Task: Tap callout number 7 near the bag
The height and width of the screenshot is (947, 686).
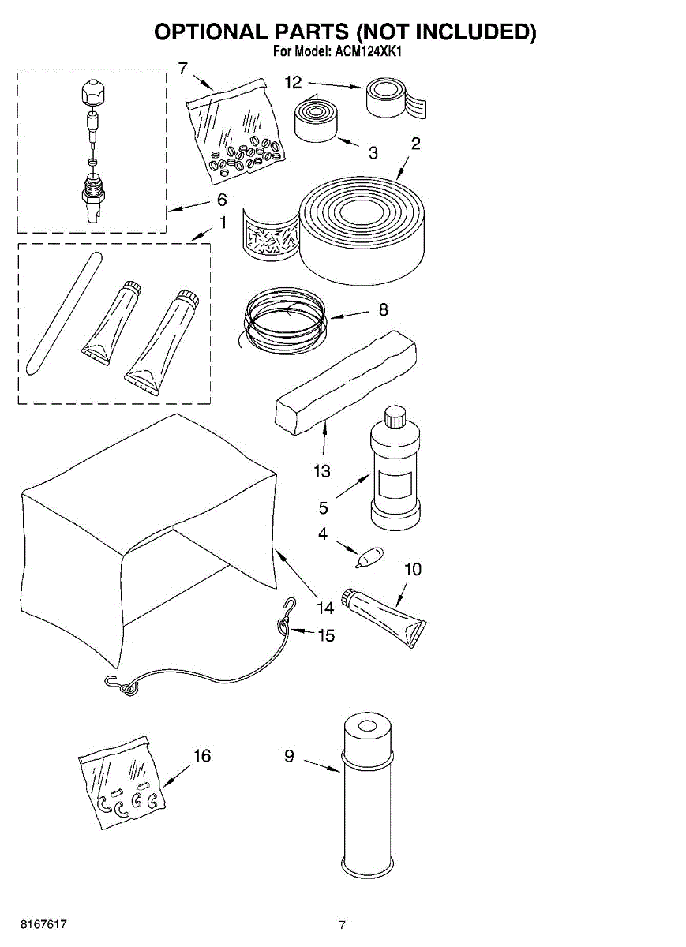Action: pyautogui.click(x=183, y=68)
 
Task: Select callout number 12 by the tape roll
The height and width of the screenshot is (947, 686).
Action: pyautogui.click(x=293, y=81)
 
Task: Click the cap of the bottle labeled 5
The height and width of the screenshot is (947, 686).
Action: pyautogui.click(x=394, y=415)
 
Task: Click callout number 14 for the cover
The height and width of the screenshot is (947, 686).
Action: pyautogui.click(x=324, y=608)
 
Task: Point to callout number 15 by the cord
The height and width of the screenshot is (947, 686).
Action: pyautogui.click(x=326, y=634)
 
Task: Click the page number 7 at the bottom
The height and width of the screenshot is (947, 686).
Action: pyautogui.click(x=342, y=925)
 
